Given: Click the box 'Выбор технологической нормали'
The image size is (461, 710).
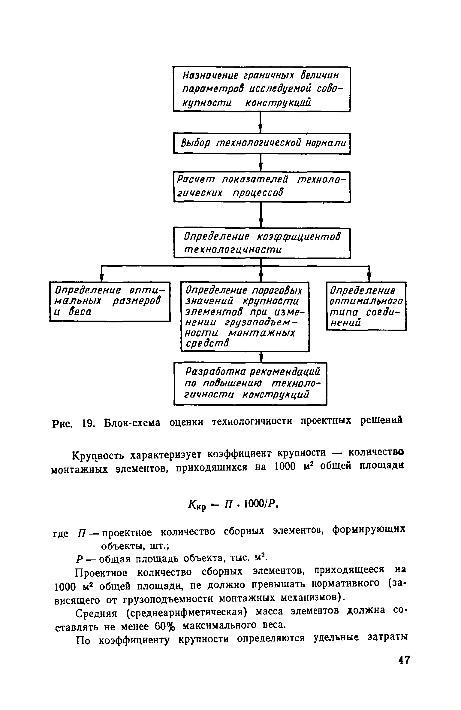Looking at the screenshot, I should coord(262,143).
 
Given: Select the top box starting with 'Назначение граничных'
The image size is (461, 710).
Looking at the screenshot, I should coord(262,89).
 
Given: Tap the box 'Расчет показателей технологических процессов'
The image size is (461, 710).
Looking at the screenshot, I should coord(262,187).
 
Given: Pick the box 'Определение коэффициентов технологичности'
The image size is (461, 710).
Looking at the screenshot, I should coord(262,243).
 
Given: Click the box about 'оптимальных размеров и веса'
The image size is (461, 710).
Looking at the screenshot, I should coord(110,301).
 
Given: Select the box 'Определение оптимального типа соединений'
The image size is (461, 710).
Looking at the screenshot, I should coord(366,306).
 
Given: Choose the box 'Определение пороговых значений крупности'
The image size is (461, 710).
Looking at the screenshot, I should coord(245,316).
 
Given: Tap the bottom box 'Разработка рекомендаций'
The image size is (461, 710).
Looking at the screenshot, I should coord(250,383).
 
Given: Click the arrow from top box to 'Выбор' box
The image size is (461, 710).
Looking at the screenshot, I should coord(261,123).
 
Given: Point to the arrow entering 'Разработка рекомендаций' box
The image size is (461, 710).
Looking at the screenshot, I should coord(261,357).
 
